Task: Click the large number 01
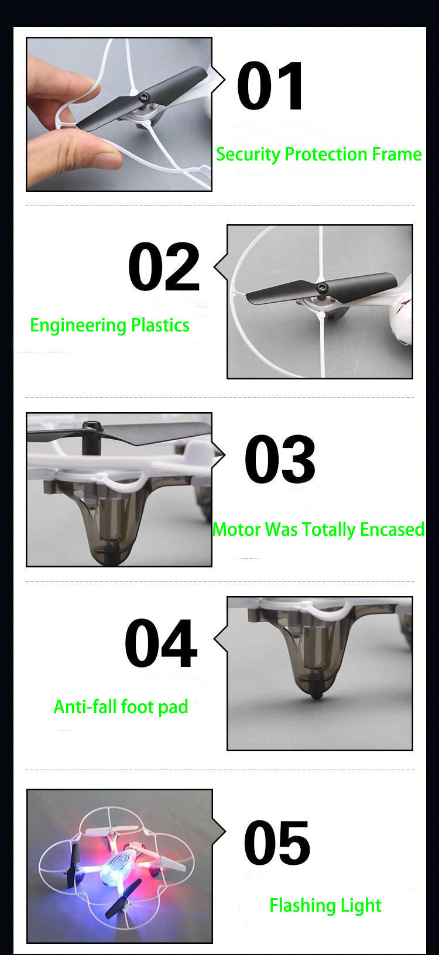(270, 85)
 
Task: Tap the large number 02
(164, 266)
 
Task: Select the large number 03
(280, 458)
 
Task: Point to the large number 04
(161, 643)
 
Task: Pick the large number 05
(277, 843)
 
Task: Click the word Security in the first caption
(248, 155)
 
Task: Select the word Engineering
(78, 326)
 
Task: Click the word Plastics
(160, 325)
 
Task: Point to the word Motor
(236, 529)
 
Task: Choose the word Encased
(392, 529)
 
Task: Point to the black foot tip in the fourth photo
(315, 695)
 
